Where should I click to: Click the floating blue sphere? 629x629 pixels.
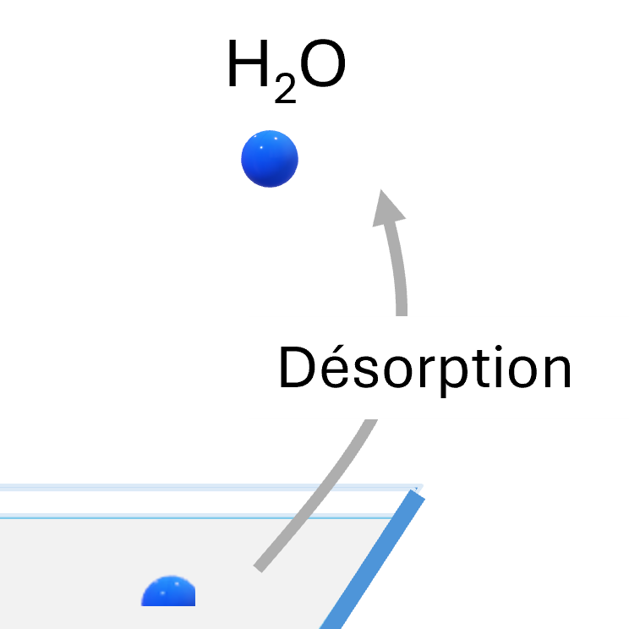270,159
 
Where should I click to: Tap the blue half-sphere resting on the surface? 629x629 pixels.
168,593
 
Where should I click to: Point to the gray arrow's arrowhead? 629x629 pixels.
388,207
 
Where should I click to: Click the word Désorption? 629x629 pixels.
425,369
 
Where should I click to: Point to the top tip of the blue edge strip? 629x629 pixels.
415,494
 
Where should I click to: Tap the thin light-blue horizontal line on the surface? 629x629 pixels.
194,514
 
